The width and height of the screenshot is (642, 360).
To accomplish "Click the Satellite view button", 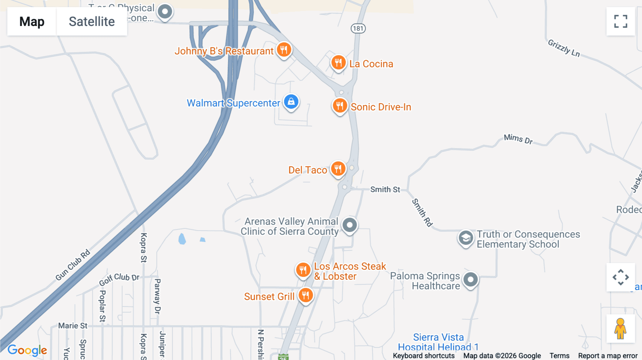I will [x=92, y=21].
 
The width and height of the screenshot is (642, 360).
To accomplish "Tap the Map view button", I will [x=32, y=21].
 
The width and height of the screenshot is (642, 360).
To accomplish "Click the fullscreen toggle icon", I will [x=621, y=21].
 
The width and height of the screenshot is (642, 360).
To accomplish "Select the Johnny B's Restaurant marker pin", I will [x=284, y=50].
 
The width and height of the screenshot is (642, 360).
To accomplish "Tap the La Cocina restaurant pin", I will [x=338, y=63].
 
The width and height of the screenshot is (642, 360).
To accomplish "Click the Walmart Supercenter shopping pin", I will [x=291, y=102].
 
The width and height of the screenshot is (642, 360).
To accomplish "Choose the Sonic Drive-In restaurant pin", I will [x=340, y=106].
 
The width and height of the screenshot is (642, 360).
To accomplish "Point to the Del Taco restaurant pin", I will [x=338, y=169].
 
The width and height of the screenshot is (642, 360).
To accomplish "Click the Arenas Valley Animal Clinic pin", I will [x=350, y=225].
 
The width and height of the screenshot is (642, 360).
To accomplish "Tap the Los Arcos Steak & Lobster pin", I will [x=303, y=270].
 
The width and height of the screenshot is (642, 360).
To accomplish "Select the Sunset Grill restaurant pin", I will [x=306, y=295].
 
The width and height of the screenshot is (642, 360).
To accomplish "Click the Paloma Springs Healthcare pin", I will [x=470, y=280].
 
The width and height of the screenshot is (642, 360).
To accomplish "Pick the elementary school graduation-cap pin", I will [x=466, y=238].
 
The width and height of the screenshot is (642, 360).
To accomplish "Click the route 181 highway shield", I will [x=358, y=29].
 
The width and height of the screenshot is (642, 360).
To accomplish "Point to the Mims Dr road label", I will [x=518, y=139].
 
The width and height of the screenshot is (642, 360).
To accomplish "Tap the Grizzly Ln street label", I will [x=564, y=48].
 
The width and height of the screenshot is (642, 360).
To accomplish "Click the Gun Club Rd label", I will [x=73, y=265].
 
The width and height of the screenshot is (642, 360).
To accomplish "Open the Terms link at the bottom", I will [x=559, y=356].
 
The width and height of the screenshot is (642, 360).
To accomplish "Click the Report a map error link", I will [x=608, y=356].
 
